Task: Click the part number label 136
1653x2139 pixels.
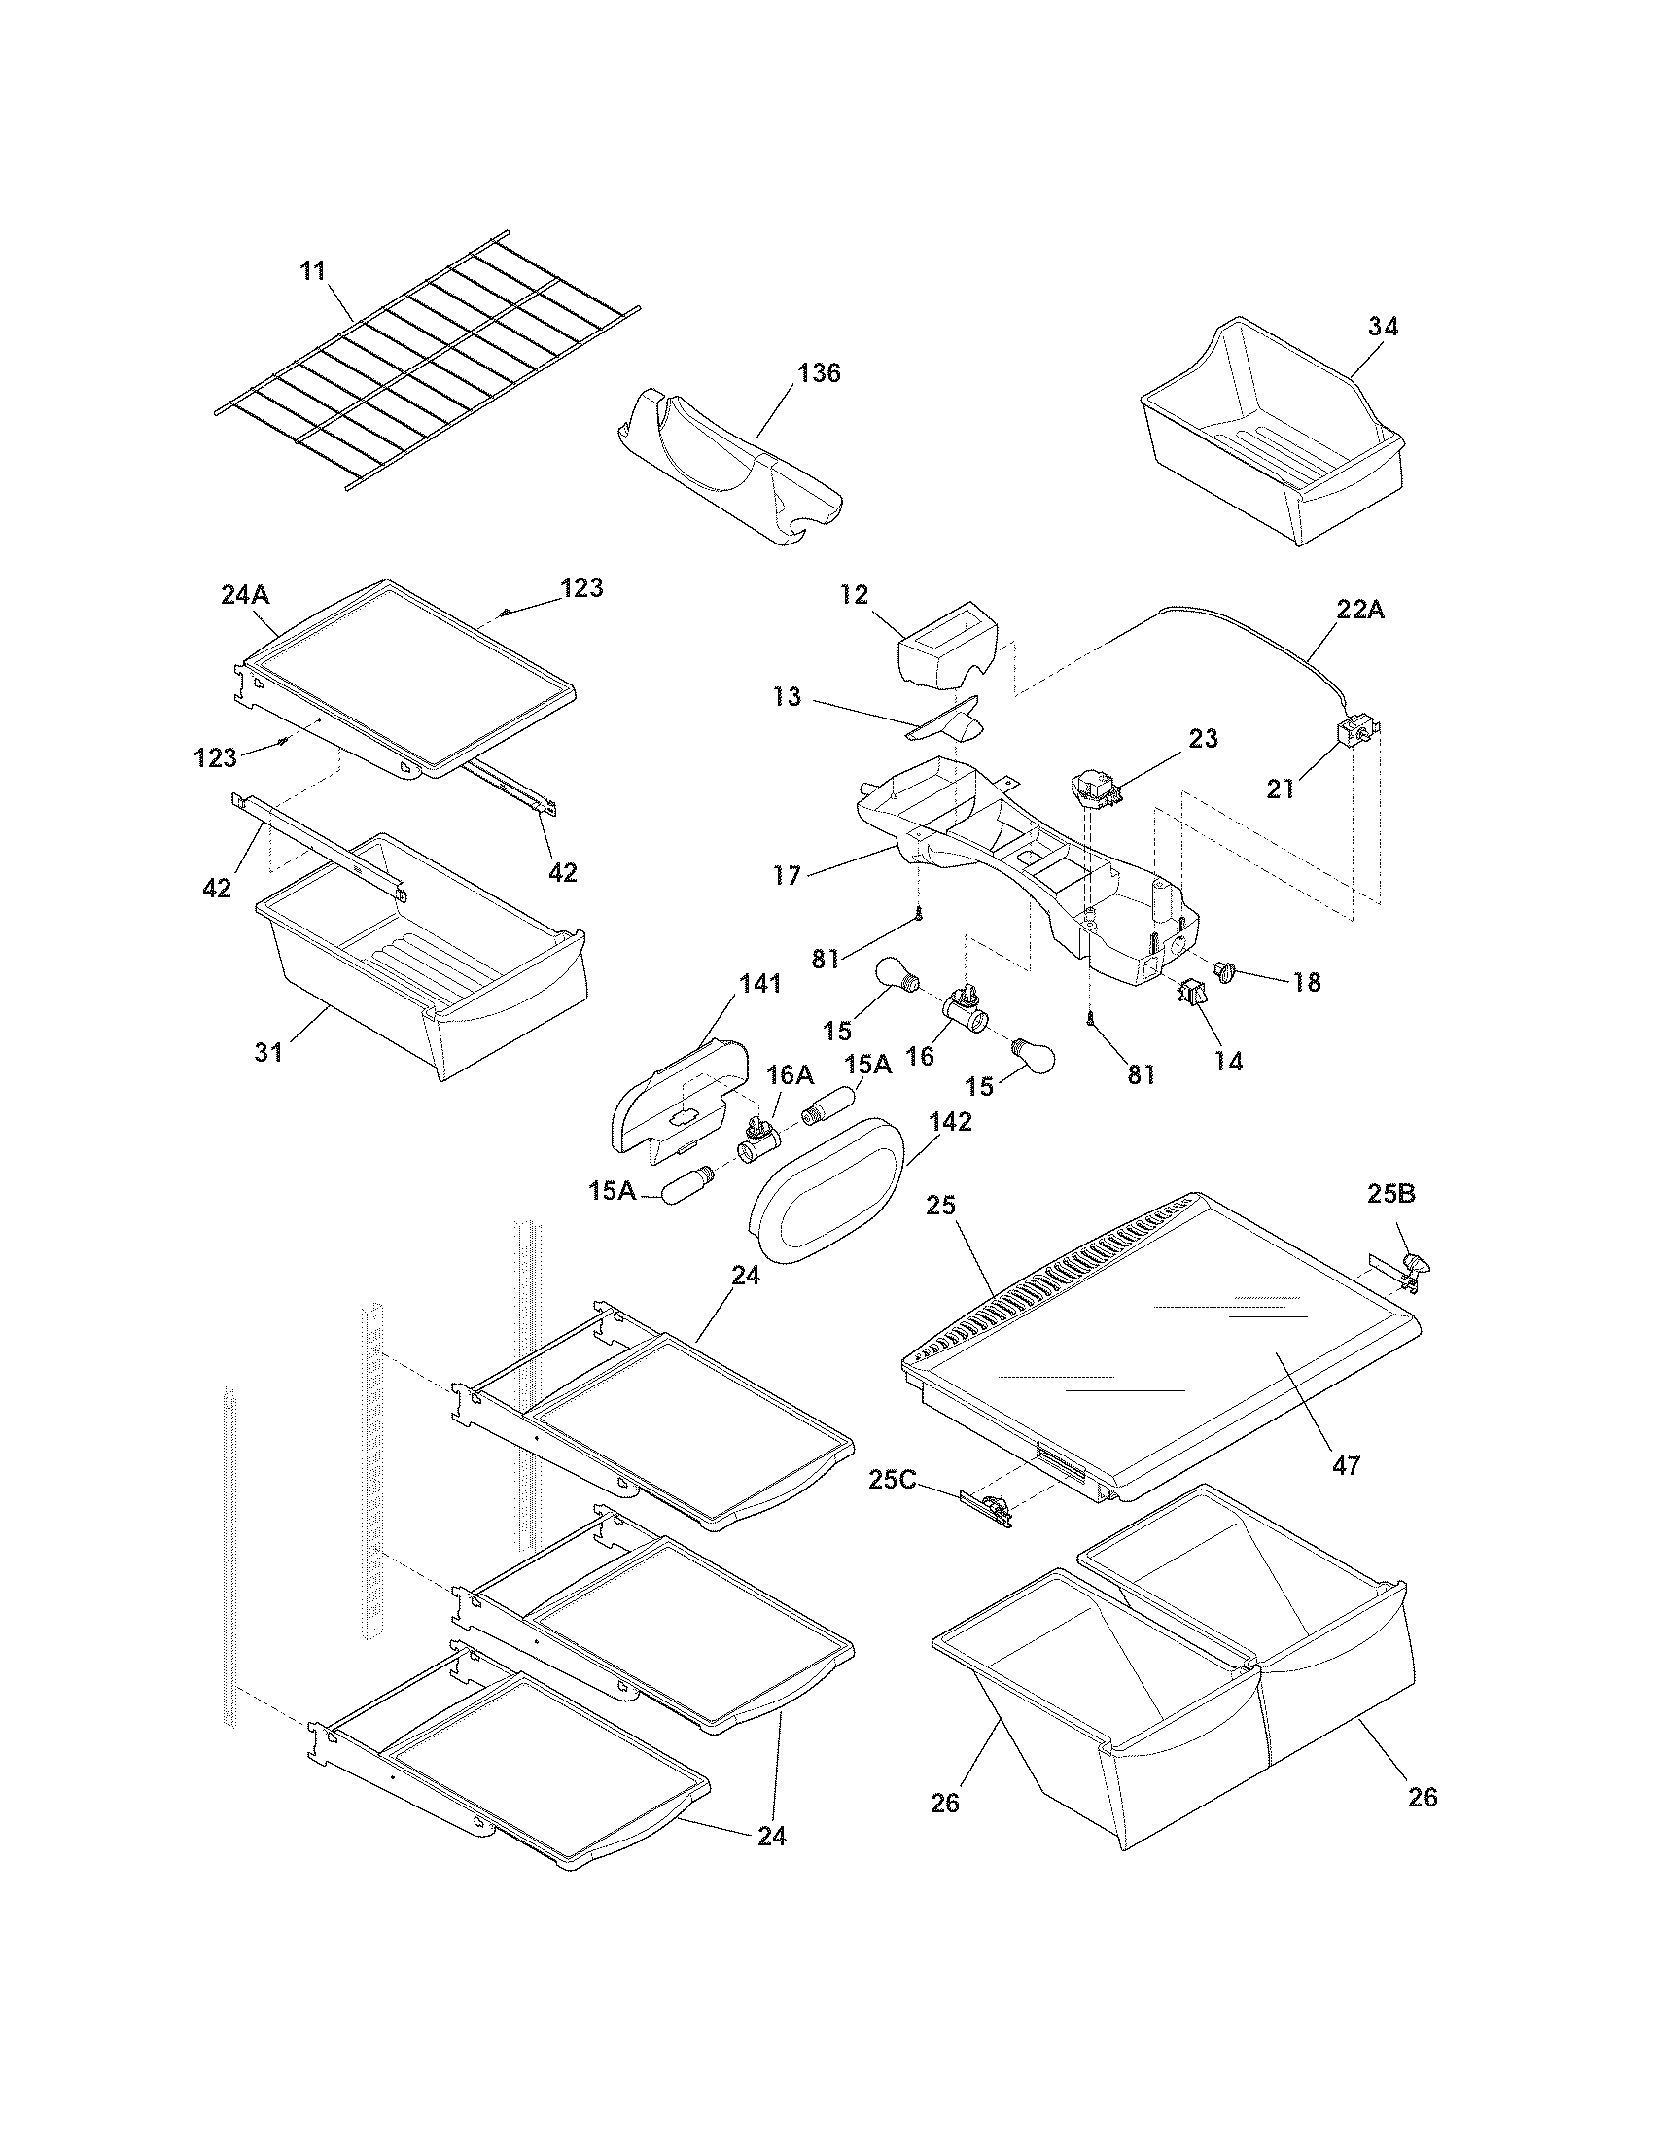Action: pos(819,373)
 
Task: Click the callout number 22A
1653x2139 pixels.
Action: pos(1358,610)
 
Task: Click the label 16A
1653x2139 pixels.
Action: pos(790,1074)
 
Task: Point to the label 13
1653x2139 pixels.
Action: pos(786,696)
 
